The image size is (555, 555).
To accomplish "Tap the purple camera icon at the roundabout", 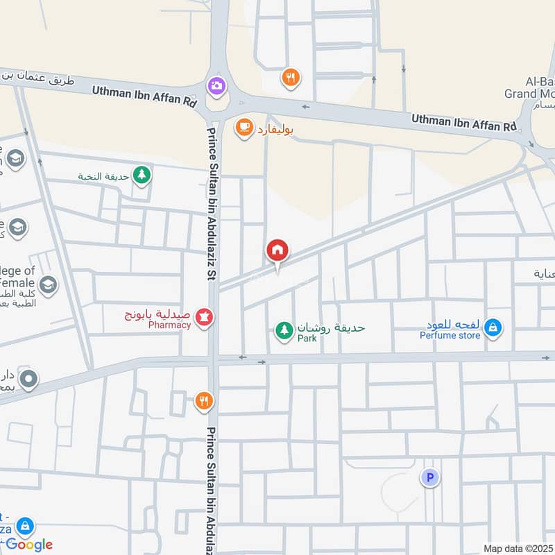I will [216, 85].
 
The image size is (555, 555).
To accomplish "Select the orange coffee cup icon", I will [244, 127].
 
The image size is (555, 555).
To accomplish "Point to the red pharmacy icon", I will [205, 318].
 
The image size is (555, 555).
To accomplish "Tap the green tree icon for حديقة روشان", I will [283, 330].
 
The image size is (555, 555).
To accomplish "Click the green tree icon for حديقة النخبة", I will [142, 175].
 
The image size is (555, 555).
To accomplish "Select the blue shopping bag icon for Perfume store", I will [493, 327].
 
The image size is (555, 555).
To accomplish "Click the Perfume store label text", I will [450, 336].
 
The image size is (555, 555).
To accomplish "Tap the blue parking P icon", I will [430, 477].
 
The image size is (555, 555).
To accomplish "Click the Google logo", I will [29, 545].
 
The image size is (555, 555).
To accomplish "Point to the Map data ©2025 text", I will [518, 548].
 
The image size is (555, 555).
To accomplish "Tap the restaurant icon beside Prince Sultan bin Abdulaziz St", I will [203, 400].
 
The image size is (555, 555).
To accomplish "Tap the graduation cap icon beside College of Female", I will [48, 283].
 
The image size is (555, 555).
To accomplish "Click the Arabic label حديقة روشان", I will [331, 327].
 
